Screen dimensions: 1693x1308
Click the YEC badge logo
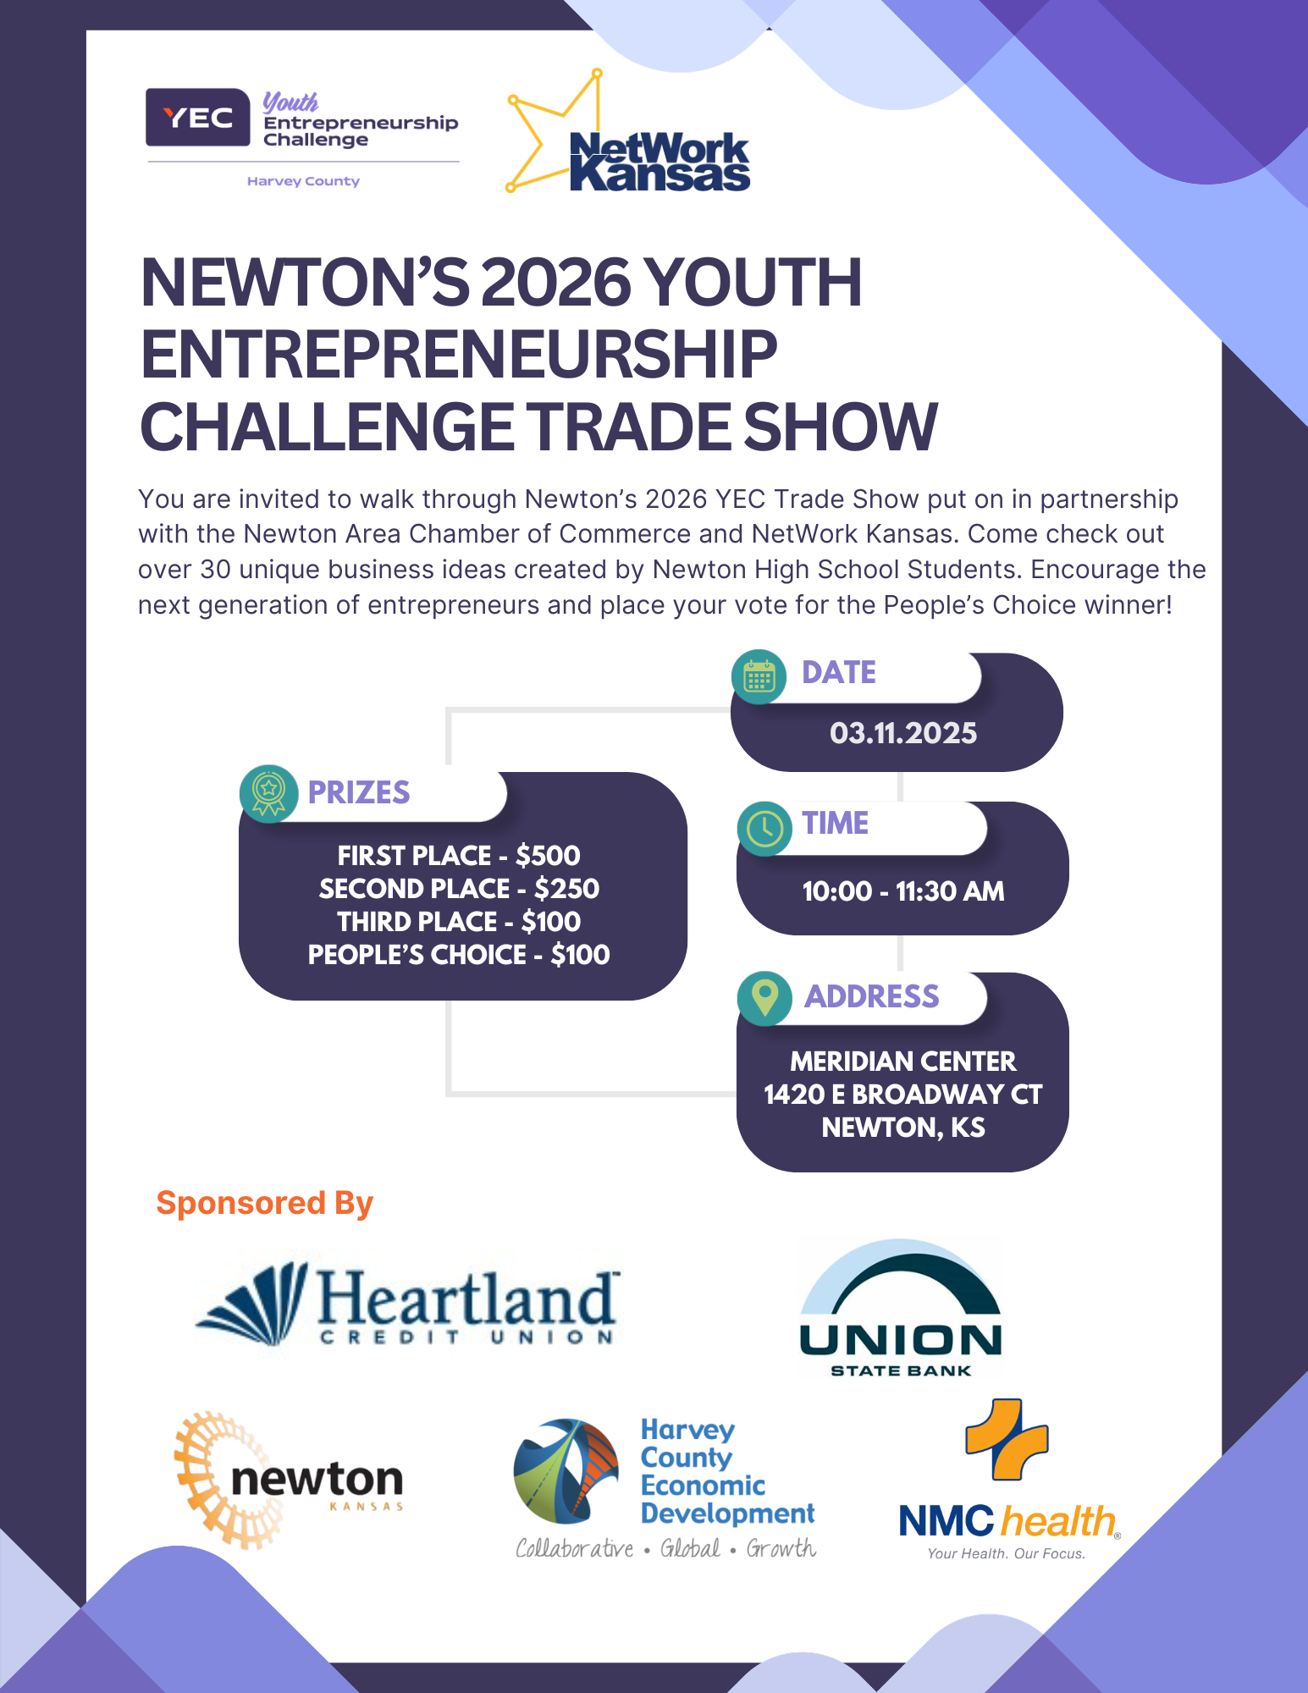(197, 118)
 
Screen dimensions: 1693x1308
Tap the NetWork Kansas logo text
(660, 163)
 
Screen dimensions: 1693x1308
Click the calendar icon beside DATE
(759, 677)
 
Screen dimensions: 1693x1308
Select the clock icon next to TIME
(764, 829)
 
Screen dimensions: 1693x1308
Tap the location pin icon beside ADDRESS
(764, 998)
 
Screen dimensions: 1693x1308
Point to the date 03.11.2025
(902, 733)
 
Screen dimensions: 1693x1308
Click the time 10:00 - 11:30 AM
(902, 891)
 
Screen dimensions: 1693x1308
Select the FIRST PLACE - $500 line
(459, 856)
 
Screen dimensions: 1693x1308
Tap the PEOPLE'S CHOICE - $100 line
(459, 955)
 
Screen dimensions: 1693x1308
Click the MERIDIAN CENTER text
(902, 1062)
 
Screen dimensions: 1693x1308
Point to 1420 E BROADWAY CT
(902, 1095)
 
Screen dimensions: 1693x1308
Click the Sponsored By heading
(264, 1203)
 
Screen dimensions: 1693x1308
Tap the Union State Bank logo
(901, 1309)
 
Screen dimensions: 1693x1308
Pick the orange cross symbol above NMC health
(1007, 1439)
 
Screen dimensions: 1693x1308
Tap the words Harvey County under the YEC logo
(303, 181)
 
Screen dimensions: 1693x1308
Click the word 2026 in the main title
(557, 283)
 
